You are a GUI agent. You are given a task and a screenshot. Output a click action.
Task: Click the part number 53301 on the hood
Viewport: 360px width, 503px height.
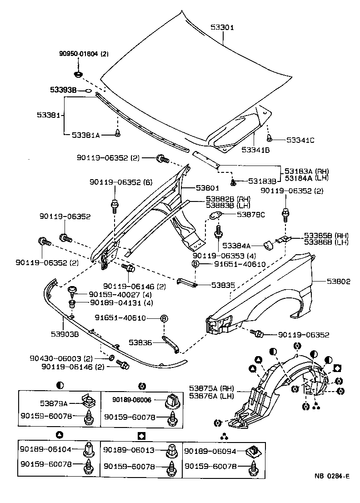coord(222,27)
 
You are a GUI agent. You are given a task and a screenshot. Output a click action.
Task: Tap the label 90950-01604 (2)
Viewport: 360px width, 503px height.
coord(84,54)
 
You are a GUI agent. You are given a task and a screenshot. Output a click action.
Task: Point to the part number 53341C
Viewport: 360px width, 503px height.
coord(300,140)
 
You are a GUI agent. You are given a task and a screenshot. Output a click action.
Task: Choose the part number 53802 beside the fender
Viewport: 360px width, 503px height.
coord(338,282)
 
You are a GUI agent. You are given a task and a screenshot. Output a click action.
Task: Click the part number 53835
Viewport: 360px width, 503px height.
coord(223,286)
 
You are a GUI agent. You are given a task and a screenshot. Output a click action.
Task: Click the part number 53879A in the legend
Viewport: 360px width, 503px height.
coord(53,403)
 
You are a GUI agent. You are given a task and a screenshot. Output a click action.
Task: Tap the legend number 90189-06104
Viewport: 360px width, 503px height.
coord(45,449)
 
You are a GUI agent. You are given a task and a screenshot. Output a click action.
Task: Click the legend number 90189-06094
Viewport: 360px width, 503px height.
coord(210,450)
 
